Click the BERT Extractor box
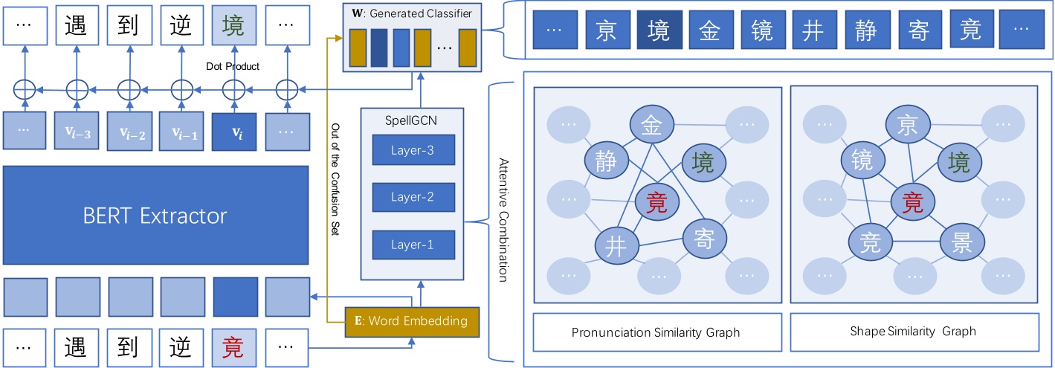click(155, 216)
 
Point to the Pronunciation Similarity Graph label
click(656, 332)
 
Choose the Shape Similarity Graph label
click(913, 332)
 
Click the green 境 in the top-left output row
click(234, 25)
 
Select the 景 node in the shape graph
click(962, 242)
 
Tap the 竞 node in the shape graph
click(871, 242)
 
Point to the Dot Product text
click(233, 67)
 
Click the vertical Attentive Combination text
click(503, 220)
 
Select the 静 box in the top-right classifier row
click(866, 31)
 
